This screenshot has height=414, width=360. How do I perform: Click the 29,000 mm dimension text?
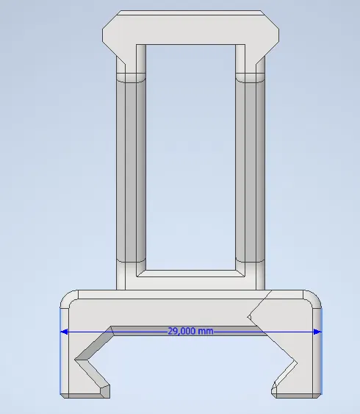click(x=190, y=332)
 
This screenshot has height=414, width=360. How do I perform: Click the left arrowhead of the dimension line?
click(x=64, y=332)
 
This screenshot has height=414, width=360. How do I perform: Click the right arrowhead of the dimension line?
click(x=317, y=332)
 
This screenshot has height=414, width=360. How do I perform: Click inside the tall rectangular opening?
click(x=190, y=154)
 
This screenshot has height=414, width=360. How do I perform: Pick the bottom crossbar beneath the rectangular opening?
click(x=190, y=280)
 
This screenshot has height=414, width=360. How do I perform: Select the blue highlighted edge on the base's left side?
click(x=60, y=353)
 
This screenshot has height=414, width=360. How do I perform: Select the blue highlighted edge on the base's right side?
click(x=322, y=353)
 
